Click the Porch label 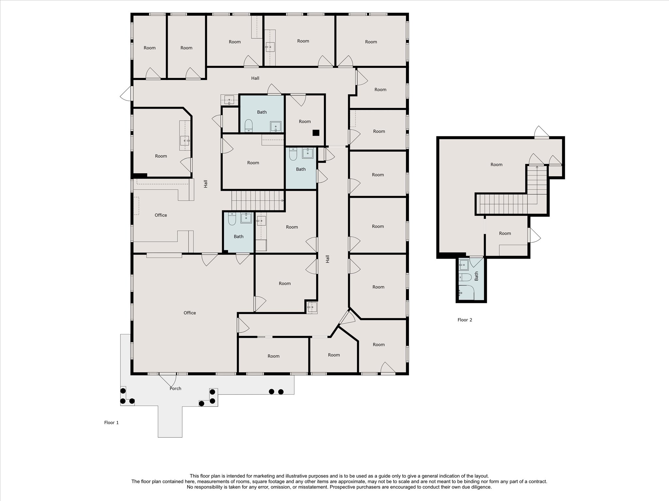175,388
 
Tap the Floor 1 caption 111,422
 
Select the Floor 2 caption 465,320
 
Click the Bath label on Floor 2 476,276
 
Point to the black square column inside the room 316,133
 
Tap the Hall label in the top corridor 255,78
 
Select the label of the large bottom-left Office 190,313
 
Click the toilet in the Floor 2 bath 465,277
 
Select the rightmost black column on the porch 281,392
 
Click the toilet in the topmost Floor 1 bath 249,126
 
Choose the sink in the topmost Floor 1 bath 276,127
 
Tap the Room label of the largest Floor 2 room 496,164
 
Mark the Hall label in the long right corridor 327,259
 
